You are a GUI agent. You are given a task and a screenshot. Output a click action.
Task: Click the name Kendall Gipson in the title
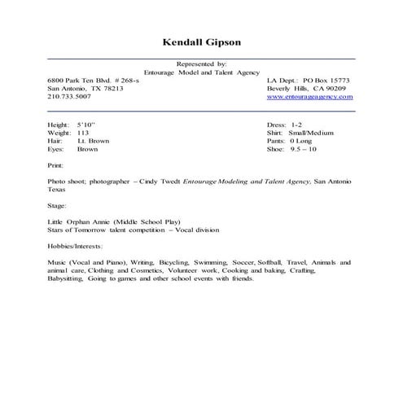point(201,42)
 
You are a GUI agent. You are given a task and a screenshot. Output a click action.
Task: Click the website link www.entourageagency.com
point(309,97)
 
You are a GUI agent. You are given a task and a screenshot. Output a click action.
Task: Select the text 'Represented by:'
point(201,64)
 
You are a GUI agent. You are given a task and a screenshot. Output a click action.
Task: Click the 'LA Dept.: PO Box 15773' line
point(308,81)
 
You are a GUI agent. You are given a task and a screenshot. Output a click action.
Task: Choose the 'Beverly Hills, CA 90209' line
point(306,89)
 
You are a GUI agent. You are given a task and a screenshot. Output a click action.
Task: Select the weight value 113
point(82,134)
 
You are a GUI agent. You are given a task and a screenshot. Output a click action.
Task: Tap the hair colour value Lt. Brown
point(94,142)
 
